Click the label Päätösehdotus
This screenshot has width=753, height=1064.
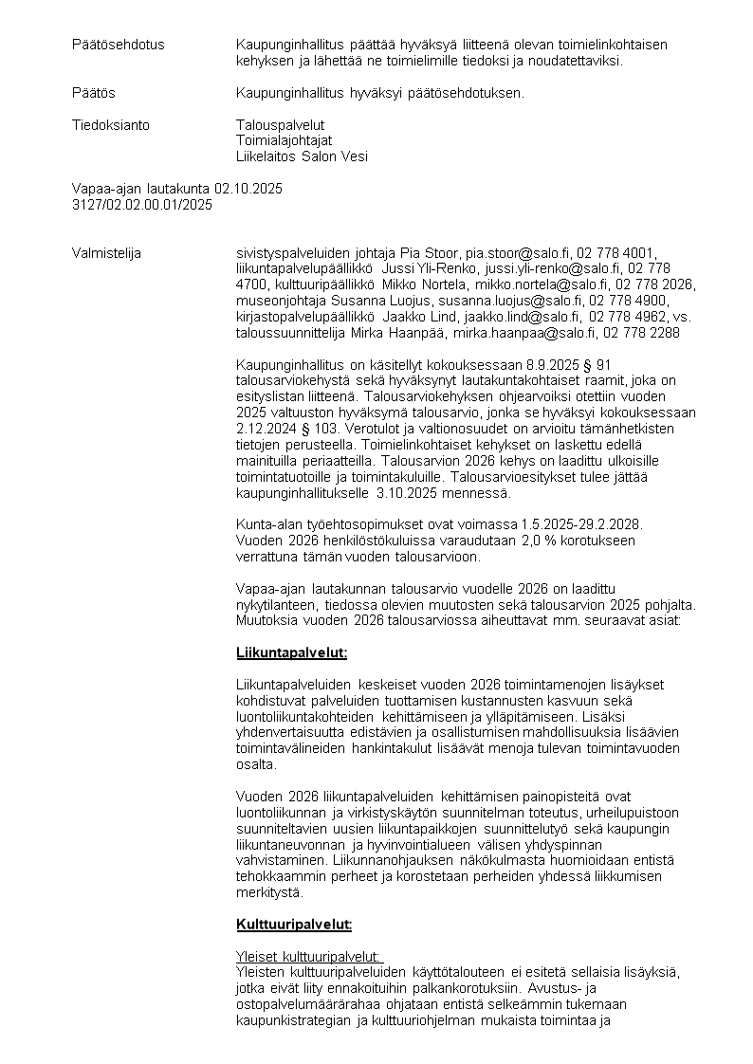118,45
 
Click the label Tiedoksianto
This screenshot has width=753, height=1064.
111,125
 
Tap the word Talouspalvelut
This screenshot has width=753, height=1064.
280,125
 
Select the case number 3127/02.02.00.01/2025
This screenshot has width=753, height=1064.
142,204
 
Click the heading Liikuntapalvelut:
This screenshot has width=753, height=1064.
291,652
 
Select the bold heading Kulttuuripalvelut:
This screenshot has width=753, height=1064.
293,924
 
